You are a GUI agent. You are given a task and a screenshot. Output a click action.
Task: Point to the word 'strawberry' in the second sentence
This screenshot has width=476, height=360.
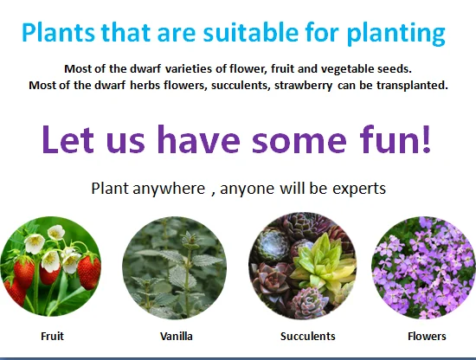[x=303, y=86]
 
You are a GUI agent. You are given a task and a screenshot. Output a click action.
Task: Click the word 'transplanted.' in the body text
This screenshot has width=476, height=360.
[x=412, y=86]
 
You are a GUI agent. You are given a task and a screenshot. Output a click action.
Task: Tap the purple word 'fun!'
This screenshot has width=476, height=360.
[x=395, y=138]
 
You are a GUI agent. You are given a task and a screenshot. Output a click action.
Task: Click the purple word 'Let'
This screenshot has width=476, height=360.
[x=68, y=139]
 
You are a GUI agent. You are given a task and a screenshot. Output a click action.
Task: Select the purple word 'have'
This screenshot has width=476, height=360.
[x=199, y=138]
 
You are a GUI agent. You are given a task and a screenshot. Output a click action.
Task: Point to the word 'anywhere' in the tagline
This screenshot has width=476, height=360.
[x=169, y=189]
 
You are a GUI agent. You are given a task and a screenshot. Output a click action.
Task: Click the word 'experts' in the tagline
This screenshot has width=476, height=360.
[x=359, y=189]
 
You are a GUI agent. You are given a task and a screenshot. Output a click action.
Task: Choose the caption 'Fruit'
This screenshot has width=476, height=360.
[x=52, y=337]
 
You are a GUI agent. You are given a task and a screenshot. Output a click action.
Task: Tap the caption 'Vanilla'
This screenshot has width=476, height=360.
[x=176, y=337]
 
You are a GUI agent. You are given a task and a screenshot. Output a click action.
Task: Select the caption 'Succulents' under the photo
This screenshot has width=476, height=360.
[x=308, y=337]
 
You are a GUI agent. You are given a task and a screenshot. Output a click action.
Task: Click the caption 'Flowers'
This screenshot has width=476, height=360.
[x=427, y=337]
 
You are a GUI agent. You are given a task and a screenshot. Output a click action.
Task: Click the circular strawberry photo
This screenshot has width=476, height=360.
[x=50, y=267]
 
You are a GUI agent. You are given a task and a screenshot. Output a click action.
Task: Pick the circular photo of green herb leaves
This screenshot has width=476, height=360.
[x=174, y=267]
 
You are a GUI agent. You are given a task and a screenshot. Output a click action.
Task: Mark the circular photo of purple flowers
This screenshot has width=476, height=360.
[x=424, y=267]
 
